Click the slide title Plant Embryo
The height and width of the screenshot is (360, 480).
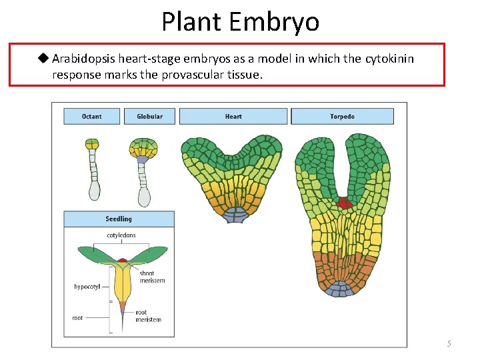tap(240, 21)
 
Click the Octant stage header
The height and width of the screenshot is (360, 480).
tap(92, 117)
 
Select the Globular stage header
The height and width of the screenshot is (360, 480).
tap(149, 117)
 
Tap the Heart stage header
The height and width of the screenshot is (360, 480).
tap(233, 117)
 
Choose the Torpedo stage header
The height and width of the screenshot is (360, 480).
tap(342, 117)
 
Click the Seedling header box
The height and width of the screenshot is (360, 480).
tap(119, 219)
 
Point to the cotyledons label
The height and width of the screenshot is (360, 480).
tap(121, 235)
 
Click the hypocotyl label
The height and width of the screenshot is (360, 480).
tap(87, 287)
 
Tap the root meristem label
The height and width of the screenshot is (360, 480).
tap(148, 316)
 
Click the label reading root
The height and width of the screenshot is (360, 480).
tap(78, 318)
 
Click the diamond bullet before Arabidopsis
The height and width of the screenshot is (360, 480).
tap(44, 58)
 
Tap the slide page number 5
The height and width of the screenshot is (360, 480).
tap(449, 343)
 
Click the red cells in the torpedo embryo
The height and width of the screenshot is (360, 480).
tap(344, 203)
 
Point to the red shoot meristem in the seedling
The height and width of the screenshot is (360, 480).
tap(123, 259)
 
